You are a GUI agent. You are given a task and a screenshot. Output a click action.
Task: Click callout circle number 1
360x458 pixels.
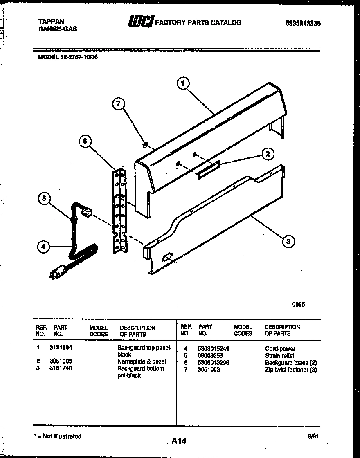pos(183,83)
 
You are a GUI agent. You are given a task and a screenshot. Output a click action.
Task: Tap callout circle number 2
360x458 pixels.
pos(268,154)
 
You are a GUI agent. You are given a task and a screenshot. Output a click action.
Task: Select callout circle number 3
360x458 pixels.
pos(288,241)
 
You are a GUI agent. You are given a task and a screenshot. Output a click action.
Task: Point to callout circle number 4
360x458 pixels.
pos(44,246)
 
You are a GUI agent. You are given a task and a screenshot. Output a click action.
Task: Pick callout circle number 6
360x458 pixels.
pos(85,141)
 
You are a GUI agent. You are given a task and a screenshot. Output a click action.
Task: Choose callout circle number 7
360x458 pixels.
pos(118,104)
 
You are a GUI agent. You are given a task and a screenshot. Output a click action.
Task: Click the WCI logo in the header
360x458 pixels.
pos(140,22)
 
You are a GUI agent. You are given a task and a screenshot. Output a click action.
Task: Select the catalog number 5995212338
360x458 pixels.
pos(302,23)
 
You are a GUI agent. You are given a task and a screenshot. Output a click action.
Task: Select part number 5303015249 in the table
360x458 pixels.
pos(213,348)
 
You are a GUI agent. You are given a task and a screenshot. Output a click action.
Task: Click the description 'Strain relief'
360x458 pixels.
pos(280,356)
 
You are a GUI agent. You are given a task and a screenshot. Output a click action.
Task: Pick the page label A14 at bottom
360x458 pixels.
pos(179,441)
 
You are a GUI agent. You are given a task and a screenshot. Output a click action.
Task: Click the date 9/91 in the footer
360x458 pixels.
pos(313,436)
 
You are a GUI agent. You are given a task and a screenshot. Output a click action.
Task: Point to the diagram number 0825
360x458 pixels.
pos(298,304)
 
